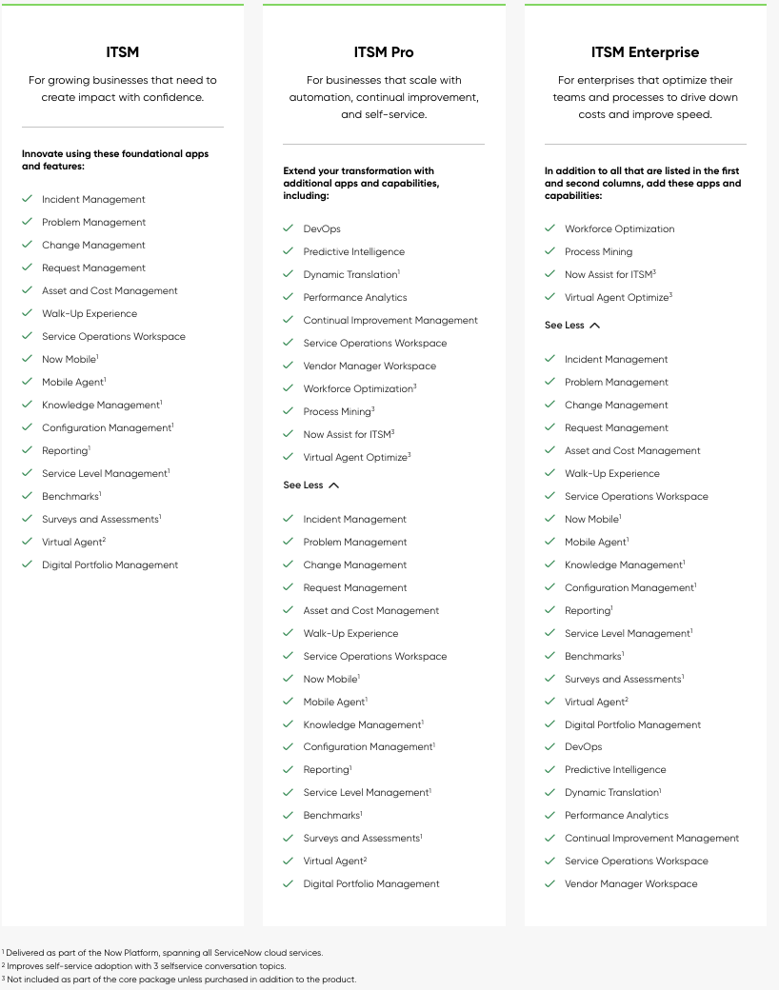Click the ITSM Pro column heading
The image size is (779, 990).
pos(384,52)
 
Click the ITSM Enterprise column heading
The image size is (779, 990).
pos(645,52)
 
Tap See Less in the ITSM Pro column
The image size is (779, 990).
pos(304,485)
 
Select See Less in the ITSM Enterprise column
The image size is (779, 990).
pos(565,326)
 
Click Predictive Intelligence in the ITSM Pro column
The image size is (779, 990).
pos(353,252)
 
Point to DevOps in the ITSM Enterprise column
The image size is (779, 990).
pos(583,747)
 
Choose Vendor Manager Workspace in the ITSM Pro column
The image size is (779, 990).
pos(370,366)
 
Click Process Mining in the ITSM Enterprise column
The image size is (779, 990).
pos(598,252)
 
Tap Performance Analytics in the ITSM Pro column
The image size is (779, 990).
pos(354,298)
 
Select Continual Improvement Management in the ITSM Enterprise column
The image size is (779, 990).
pos(651,839)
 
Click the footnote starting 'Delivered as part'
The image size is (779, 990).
pos(164,953)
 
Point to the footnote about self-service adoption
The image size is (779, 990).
pos(146,966)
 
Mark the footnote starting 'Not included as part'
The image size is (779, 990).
pos(181,980)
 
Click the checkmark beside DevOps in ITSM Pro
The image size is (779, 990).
pos(288,229)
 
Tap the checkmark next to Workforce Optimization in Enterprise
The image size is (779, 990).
pos(549,229)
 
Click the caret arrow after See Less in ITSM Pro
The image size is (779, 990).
pos(333,485)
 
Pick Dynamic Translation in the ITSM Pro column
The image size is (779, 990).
pos(350,275)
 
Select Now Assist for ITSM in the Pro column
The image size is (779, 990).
pos(347,435)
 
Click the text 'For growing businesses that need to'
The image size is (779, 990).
pos(123,81)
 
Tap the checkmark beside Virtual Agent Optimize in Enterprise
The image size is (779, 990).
pos(549,298)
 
